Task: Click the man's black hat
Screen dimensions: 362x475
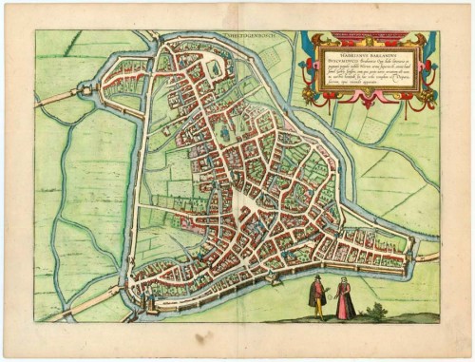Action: coord(317,278)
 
